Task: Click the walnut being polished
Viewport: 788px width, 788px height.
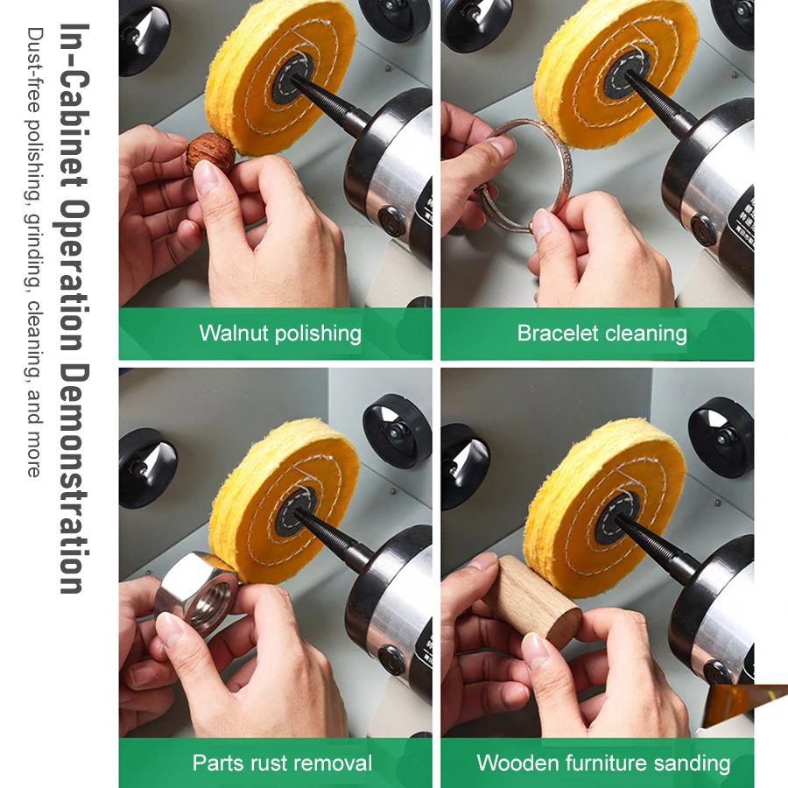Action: point(210,153)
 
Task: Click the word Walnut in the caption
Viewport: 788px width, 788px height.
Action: point(234,334)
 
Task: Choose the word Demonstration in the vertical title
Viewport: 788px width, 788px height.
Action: point(74,478)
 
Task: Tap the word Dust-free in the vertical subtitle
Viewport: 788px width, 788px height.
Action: point(35,70)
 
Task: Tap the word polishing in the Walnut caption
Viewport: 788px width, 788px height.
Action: point(319,334)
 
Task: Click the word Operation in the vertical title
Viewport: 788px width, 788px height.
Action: point(74,276)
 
